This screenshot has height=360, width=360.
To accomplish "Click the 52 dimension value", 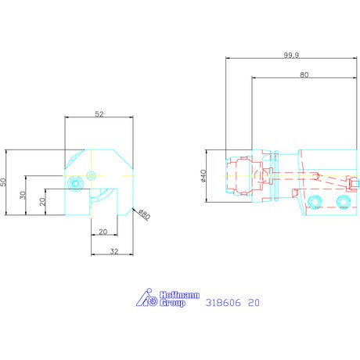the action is point(99,114).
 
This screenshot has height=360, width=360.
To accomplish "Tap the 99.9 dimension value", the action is point(291,55).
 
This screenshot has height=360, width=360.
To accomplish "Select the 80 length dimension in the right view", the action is point(304,75).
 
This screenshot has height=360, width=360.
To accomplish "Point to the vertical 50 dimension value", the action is point(3,182).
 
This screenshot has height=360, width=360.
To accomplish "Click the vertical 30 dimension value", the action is point(23,195).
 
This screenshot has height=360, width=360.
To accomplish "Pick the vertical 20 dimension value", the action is point(42,201).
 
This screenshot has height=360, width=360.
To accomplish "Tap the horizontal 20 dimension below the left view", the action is point(103,232).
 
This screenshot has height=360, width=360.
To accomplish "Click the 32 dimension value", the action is point(114,251).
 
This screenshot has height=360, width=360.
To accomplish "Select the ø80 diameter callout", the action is point(144,214).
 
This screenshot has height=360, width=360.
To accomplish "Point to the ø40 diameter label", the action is point(203,175).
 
